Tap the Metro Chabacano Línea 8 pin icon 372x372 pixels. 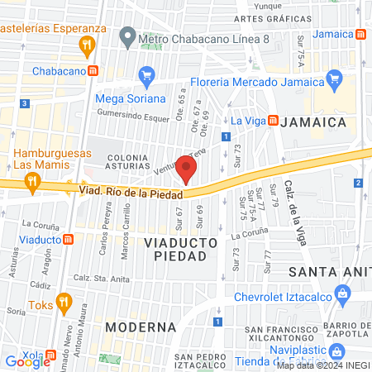coord(127,36)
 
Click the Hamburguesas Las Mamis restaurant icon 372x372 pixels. coord(32,183)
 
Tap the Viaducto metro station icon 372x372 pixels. coord(69,240)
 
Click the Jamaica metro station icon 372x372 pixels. coord(361,35)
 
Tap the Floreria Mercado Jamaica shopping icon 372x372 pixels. coord(335,81)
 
